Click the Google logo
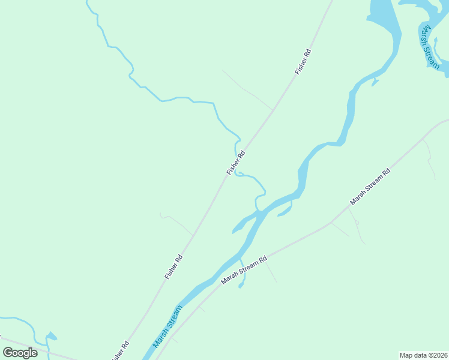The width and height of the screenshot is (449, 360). click(20, 352)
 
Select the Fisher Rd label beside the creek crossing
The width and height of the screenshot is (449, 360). click(236, 163)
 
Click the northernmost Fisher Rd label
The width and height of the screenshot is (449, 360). click(303, 61)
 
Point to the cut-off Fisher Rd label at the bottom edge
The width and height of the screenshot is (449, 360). click(120, 352)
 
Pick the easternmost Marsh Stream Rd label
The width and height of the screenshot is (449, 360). click(370, 187)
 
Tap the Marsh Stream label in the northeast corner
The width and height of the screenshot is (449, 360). click(429, 47)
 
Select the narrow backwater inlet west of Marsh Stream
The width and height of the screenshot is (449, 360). click(243, 223)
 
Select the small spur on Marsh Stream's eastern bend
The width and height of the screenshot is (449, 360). click(376, 81)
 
